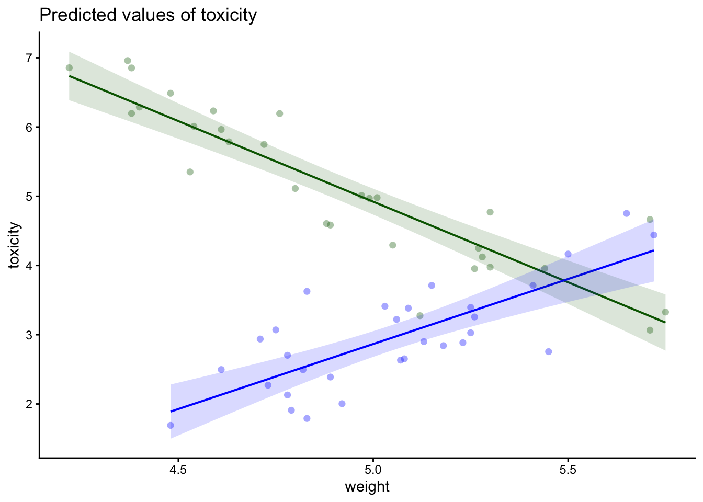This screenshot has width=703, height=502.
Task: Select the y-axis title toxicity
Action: pyautogui.click(x=15, y=245)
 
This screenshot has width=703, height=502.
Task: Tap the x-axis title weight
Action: pyautogui.click(x=367, y=487)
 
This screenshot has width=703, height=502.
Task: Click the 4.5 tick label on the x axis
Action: pyautogui.click(x=178, y=470)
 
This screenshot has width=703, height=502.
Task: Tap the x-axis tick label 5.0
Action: pyautogui.click(x=373, y=470)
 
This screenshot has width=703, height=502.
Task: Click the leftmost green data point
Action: pyautogui.click(x=69, y=67)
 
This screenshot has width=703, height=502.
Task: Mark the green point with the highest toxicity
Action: pyautogui.click(x=128, y=61)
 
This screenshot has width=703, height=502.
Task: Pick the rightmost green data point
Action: pyautogui.click(x=665, y=312)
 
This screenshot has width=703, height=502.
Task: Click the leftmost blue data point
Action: pyautogui.click(x=171, y=425)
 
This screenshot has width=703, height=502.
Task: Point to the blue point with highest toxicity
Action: pyautogui.click(x=627, y=213)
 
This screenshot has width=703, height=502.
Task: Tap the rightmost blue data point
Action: pyautogui.click(x=654, y=235)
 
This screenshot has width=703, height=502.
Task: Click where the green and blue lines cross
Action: pyautogui.click(x=564, y=281)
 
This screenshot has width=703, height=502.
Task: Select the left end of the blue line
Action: pyautogui.click(x=171, y=412)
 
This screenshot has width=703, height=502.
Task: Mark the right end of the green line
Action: pyautogui.click(x=665, y=323)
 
